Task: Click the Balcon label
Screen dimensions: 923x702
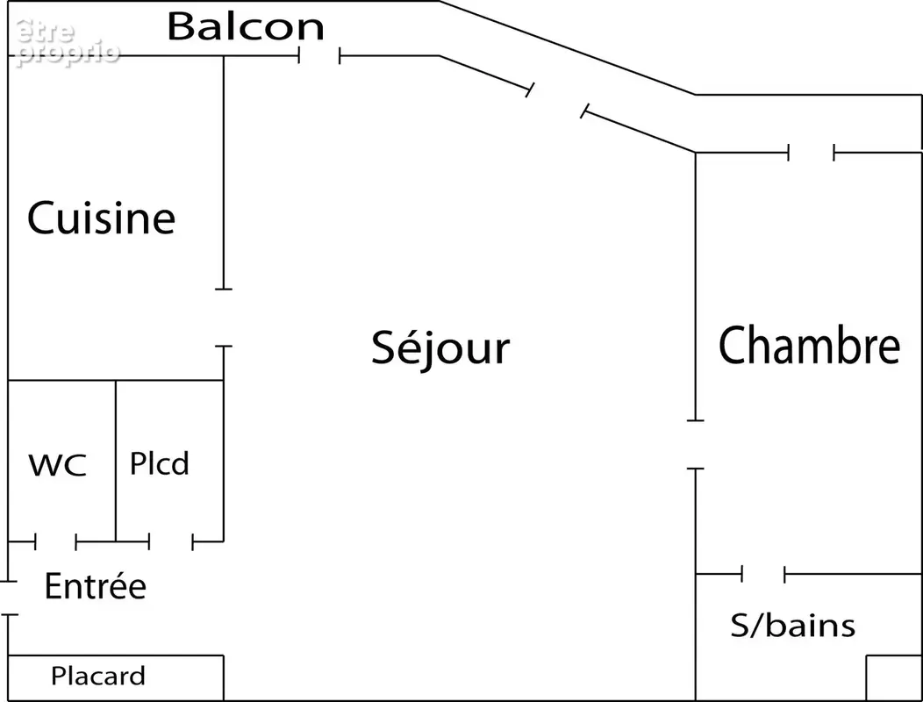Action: point(246,26)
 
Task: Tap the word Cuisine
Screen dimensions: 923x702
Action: point(101,218)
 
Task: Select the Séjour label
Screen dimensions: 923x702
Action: point(440,347)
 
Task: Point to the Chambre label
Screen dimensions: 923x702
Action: point(810,345)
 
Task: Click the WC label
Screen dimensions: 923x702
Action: point(58,465)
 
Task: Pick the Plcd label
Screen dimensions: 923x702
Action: point(160,463)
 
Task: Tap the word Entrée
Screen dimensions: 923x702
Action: point(96,585)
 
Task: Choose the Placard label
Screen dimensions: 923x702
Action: point(97,676)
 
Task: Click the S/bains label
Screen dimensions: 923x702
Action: point(793,625)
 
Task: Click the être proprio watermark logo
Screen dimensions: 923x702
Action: point(68,42)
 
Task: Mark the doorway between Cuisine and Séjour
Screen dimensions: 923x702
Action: point(224,318)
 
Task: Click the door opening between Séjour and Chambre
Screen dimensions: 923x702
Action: point(696,445)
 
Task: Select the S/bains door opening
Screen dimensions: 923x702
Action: point(763,574)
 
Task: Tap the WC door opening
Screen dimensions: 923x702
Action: point(56,541)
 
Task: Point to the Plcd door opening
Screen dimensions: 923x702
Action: point(171,541)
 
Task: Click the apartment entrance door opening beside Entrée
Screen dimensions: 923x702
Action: point(8,598)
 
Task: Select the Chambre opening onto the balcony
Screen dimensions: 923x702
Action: point(812,153)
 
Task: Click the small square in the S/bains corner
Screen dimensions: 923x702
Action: point(894,677)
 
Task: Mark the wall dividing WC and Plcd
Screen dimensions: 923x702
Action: point(116,461)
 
